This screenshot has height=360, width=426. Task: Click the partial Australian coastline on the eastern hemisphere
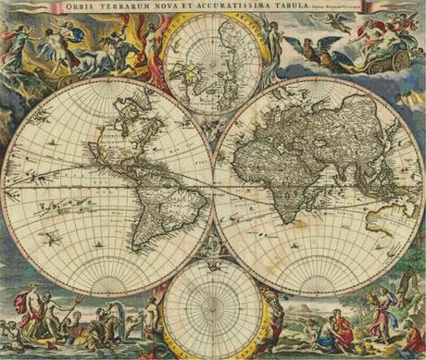pyautogui.click(x=383, y=218)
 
